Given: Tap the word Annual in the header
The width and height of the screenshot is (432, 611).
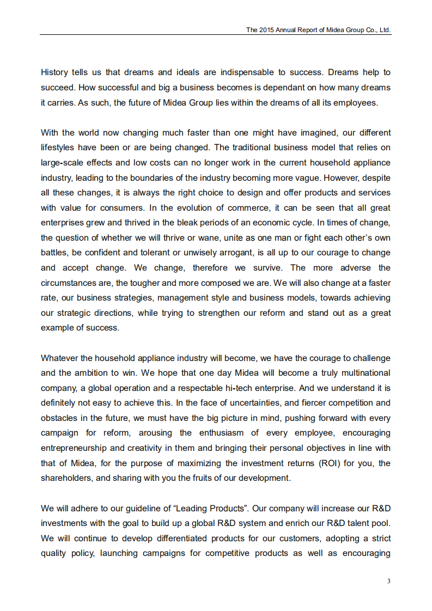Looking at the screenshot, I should point(287,30).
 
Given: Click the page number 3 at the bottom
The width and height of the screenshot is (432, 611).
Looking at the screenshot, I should point(388,581).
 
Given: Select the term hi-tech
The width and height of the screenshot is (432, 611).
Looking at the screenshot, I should point(241,388).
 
